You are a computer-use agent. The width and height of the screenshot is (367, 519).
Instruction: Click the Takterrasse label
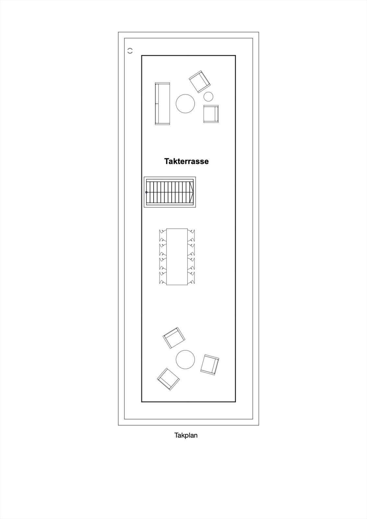point(186,161)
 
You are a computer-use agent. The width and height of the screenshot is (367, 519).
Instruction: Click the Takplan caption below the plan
point(186,435)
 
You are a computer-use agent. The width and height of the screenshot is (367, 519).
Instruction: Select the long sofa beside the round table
point(162,104)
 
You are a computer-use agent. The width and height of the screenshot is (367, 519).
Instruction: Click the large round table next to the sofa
point(185,103)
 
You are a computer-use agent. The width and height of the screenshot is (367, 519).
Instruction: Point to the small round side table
point(208,97)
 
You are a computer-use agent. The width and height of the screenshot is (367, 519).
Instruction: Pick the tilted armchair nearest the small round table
point(200,82)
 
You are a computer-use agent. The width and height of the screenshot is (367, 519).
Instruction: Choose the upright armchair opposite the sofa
point(211,114)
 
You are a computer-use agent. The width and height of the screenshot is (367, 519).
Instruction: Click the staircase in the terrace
point(170,192)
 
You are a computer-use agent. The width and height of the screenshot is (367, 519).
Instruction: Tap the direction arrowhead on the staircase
point(191,192)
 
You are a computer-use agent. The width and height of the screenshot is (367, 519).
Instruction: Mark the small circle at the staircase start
point(146,192)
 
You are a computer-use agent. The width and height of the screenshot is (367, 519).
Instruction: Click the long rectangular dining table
point(177,257)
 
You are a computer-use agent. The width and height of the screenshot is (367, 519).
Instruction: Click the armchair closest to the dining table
point(174,338)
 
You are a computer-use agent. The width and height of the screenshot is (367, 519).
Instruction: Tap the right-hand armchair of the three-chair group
point(209,365)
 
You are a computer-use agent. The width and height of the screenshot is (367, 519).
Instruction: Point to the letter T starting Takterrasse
point(167,161)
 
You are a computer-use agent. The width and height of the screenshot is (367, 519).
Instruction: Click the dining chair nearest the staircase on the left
point(163,235)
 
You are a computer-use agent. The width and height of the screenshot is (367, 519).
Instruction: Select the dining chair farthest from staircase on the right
point(191,278)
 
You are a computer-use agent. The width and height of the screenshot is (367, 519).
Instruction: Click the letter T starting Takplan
point(176,435)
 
